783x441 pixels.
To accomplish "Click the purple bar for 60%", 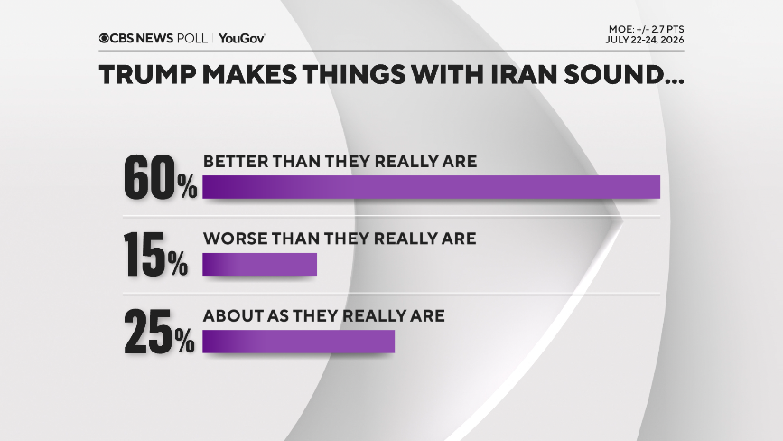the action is tap(431, 187).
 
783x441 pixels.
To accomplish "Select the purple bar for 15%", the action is tap(260, 264).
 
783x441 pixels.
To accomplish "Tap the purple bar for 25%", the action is tap(299, 342).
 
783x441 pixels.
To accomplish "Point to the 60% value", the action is tap(160, 177).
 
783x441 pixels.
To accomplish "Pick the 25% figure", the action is tap(159, 332).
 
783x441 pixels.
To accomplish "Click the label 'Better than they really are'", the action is tap(340, 162).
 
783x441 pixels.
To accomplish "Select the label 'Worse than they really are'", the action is tap(340, 239).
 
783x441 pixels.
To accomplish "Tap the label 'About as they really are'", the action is tap(323, 315).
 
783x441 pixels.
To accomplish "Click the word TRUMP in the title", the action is tap(147, 75).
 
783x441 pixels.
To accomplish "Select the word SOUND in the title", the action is tap(614, 75).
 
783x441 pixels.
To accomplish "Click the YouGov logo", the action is tap(242, 39).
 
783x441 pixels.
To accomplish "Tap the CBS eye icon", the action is tap(104, 39).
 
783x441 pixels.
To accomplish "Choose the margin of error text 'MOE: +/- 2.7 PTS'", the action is tap(646, 29).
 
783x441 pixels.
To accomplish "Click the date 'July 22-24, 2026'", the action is tap(645, 40).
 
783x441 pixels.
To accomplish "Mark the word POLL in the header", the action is tap(192, 39).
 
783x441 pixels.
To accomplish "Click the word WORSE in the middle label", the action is tap(235, 239).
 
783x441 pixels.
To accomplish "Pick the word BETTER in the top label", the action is tap(235, 162).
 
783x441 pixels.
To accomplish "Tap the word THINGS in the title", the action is tap(353, 75).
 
